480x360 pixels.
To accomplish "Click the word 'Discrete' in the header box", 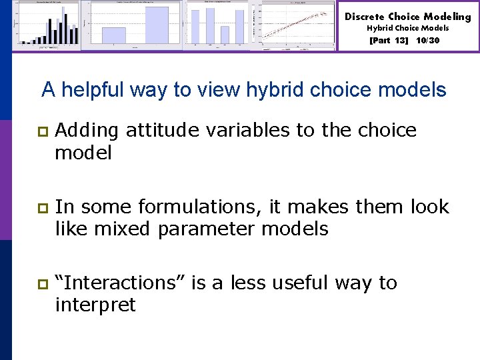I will [x=364, y=17].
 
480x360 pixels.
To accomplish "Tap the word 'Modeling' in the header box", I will [x=447, y=17].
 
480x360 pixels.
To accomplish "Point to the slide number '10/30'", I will [x=427, y=40].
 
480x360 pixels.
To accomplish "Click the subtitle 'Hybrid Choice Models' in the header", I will [x=407, y=29].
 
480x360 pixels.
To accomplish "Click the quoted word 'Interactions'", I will [x=121, y=283].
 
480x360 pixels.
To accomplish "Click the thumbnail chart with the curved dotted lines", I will [x=298, y=26].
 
